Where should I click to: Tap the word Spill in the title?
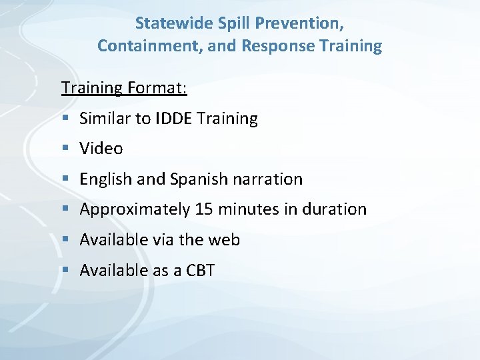point(231,23)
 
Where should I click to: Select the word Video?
point(101,149)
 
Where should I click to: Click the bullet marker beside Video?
point(65,149)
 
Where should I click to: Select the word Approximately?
point(135,209)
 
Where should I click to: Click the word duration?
point(335,209)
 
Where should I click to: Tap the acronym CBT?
point(200,270)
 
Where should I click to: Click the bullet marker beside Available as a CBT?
point(65,270)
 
